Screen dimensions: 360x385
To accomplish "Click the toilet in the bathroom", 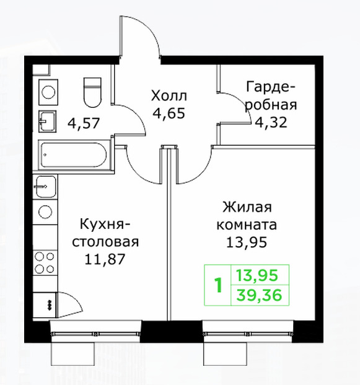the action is coord(92,92).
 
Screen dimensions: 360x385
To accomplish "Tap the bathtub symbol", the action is coord(74,155).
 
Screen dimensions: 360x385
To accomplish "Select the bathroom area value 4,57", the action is coord(84,123).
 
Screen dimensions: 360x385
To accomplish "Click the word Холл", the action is coord(169,95).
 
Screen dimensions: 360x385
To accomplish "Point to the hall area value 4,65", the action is coord(169,113).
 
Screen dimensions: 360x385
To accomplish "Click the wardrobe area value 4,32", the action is coord(271,122).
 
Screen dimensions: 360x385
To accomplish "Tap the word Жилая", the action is coord(247,208).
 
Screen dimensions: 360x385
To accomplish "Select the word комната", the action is coord(247,225).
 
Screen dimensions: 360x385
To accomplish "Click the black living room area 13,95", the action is coord(247,242).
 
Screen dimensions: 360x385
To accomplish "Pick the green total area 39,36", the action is coord(259,295).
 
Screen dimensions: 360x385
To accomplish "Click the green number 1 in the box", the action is coord(218,285).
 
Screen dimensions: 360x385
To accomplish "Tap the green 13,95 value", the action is coord(257,275).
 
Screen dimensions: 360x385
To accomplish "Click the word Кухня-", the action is coord(105,224).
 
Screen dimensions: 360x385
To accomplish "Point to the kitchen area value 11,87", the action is coord(105,259).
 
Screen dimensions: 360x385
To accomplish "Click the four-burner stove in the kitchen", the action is coord(45,263).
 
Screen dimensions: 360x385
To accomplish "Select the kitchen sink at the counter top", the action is coord(45,187).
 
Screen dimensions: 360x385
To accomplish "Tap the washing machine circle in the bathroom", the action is coord(48,92).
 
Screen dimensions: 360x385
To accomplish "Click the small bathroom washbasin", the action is coord(47,122).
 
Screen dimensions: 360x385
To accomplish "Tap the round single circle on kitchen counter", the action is coord(45,211).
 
